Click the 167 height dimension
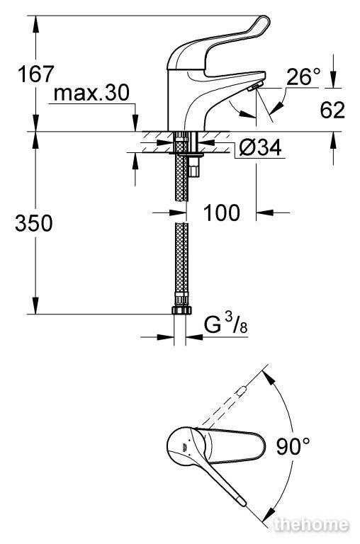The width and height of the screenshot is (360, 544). pyautogui.click(x=36, y=74)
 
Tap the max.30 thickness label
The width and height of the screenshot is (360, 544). pyautogui.click(x=91, y=92)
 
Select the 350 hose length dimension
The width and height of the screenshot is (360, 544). pyautogui.click(x=34, y=223)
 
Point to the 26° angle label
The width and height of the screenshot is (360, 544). pyautogui.click(x=303, y=76)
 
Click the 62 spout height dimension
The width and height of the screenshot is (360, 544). pyautogui.click(x=332, y=110)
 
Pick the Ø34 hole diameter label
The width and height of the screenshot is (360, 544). pyautogui.click(x=260, y=148)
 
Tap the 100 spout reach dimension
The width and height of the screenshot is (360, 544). pyautogui.click(x=222, y=212)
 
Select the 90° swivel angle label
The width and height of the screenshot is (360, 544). pyautogui.click(x=293, y=446)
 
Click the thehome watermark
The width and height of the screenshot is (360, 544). pyautogui.click(x=310, y=525)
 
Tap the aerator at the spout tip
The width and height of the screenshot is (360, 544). pyautogui.click(x=255, y=86)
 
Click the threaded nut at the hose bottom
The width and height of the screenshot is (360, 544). pyautogui.click(x=181, y=310)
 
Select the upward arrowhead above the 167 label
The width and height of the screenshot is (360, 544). pyautogui.click(x=35, y=23)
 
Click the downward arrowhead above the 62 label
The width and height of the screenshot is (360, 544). pyautogui.click(x=333, y=80)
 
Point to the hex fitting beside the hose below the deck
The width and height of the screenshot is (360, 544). pyautogui.click(x=195, y=166)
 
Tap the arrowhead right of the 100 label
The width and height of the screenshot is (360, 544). pyautogui.click(x=264, y=212)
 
